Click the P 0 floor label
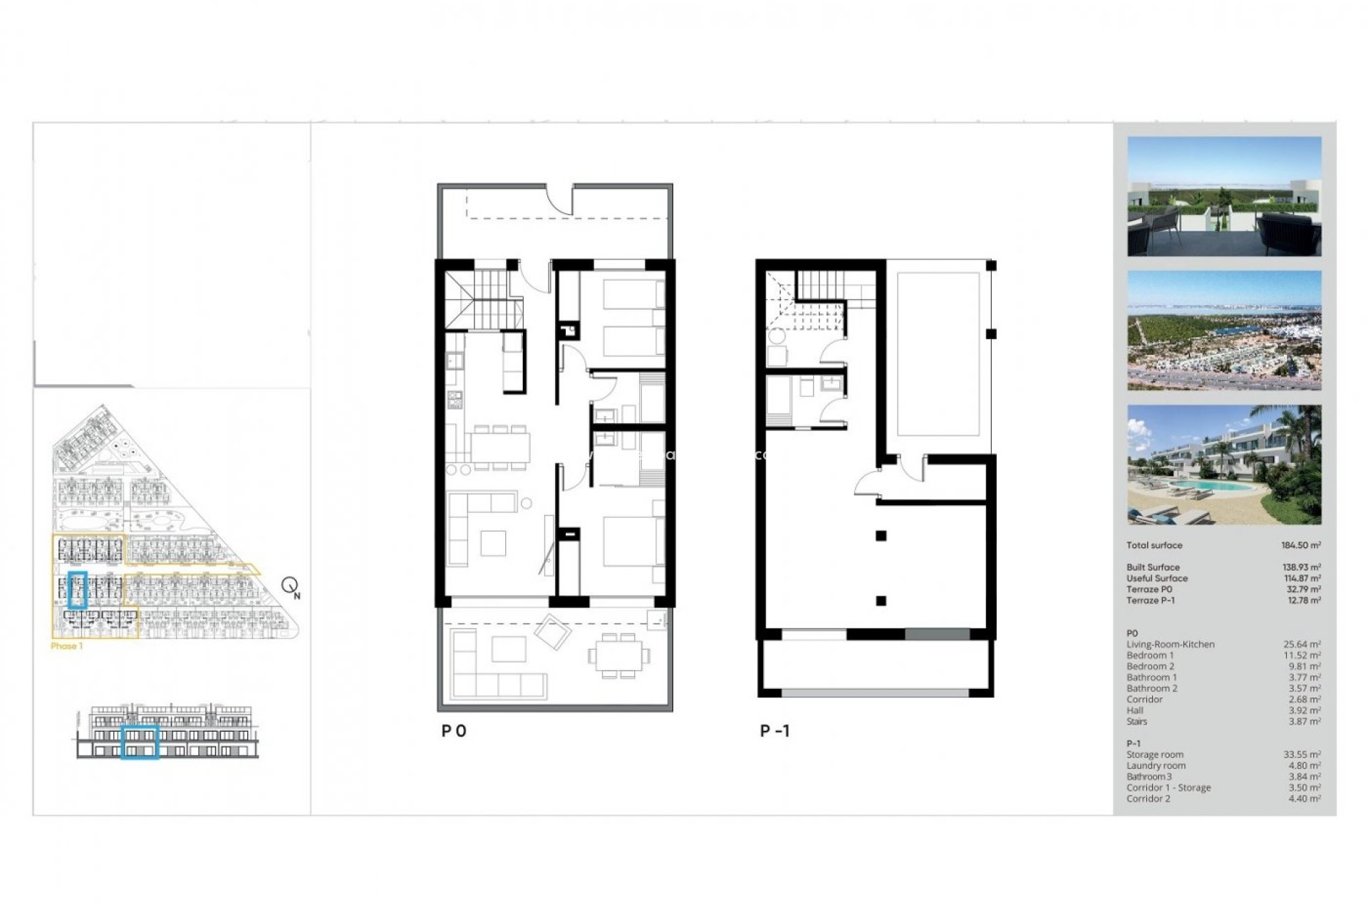454,731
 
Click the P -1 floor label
774,731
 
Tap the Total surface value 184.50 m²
1300,545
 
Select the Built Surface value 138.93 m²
1301,567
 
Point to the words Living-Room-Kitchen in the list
1170,644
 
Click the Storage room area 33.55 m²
1302,755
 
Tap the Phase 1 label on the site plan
67,646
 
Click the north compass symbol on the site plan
291,586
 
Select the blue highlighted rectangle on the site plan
77,590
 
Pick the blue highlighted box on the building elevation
140,742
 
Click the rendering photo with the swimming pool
1223,465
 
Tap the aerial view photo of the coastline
1223,330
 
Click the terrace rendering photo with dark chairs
1223,197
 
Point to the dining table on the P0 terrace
618,654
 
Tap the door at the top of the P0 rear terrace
560,199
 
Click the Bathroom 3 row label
1149,777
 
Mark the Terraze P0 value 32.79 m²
1302,589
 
